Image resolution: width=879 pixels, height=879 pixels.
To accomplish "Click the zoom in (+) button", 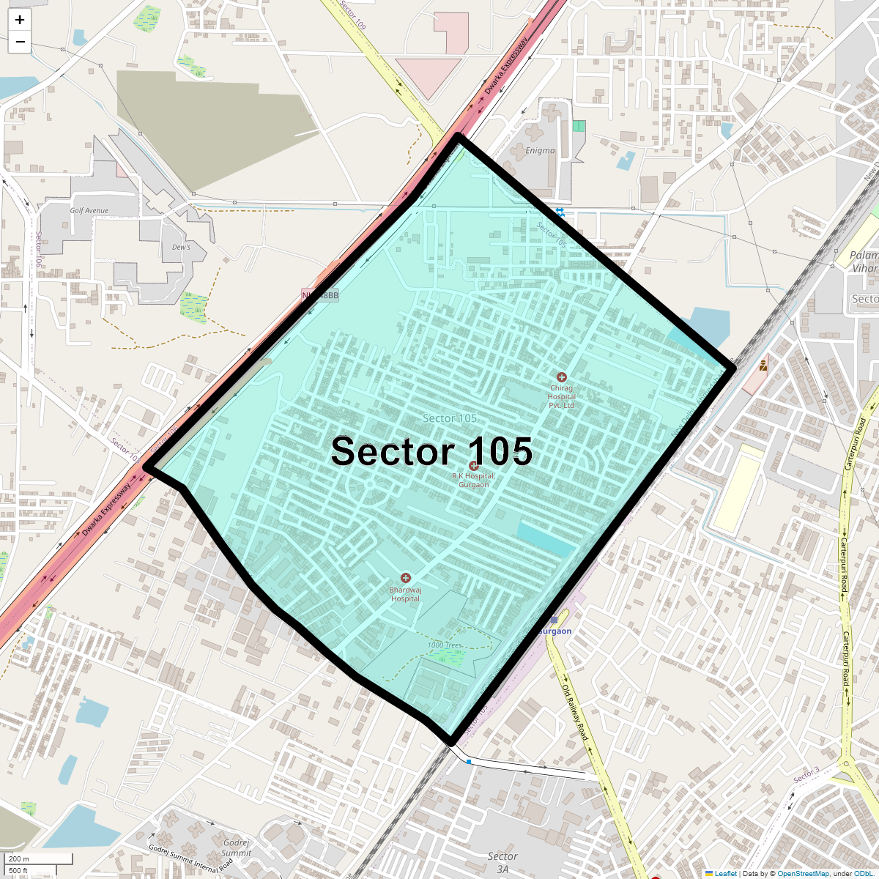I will (x=20, y=20).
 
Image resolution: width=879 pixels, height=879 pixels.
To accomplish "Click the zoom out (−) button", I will (x=20, y=42).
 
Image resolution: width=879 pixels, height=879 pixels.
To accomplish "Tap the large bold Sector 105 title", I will (x=431, y=451).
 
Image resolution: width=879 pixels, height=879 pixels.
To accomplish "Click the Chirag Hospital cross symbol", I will (x=562, y=377).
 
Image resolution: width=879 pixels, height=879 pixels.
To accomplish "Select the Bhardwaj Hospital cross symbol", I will (x=406, y=579).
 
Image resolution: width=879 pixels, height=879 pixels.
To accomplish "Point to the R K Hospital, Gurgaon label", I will (x=474, y=481).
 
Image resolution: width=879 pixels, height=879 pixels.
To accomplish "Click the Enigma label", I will (x=541, y=151).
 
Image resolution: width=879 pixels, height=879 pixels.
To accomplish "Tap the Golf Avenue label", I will (x=89, y=211).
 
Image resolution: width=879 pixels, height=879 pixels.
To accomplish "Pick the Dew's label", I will (x=181, y=248).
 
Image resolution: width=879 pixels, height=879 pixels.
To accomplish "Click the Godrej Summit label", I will (x=237, y=848).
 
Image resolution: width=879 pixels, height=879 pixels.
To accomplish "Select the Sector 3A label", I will (x=502, y=863).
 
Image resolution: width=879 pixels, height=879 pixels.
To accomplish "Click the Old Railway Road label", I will (x=575, y=711).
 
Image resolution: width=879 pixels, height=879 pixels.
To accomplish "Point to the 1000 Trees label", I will (x=445, y=645).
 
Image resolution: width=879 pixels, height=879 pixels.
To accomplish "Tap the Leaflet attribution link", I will (x=725, y=874).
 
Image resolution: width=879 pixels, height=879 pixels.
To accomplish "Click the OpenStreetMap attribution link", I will (x=803, y=874).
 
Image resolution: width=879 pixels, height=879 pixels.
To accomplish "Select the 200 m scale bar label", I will (x=20, y=859).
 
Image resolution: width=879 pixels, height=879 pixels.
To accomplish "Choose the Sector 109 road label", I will (x=352, y=15).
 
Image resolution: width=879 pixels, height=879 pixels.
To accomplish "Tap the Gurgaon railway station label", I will (x=555, y=631).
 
